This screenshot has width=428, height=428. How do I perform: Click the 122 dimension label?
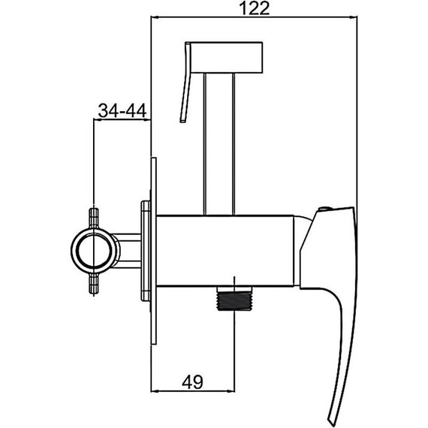pos(254,8)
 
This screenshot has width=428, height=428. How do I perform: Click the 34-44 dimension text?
pos(122,110)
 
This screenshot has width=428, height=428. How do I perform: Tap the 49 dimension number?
pos(193,382)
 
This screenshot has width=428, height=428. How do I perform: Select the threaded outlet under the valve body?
pos(234,298)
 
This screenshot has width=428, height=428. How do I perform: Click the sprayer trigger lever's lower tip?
pos(183,121)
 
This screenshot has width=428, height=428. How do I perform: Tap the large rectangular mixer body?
pos(225,251)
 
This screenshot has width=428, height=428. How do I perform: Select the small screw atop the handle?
pos(324,209)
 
